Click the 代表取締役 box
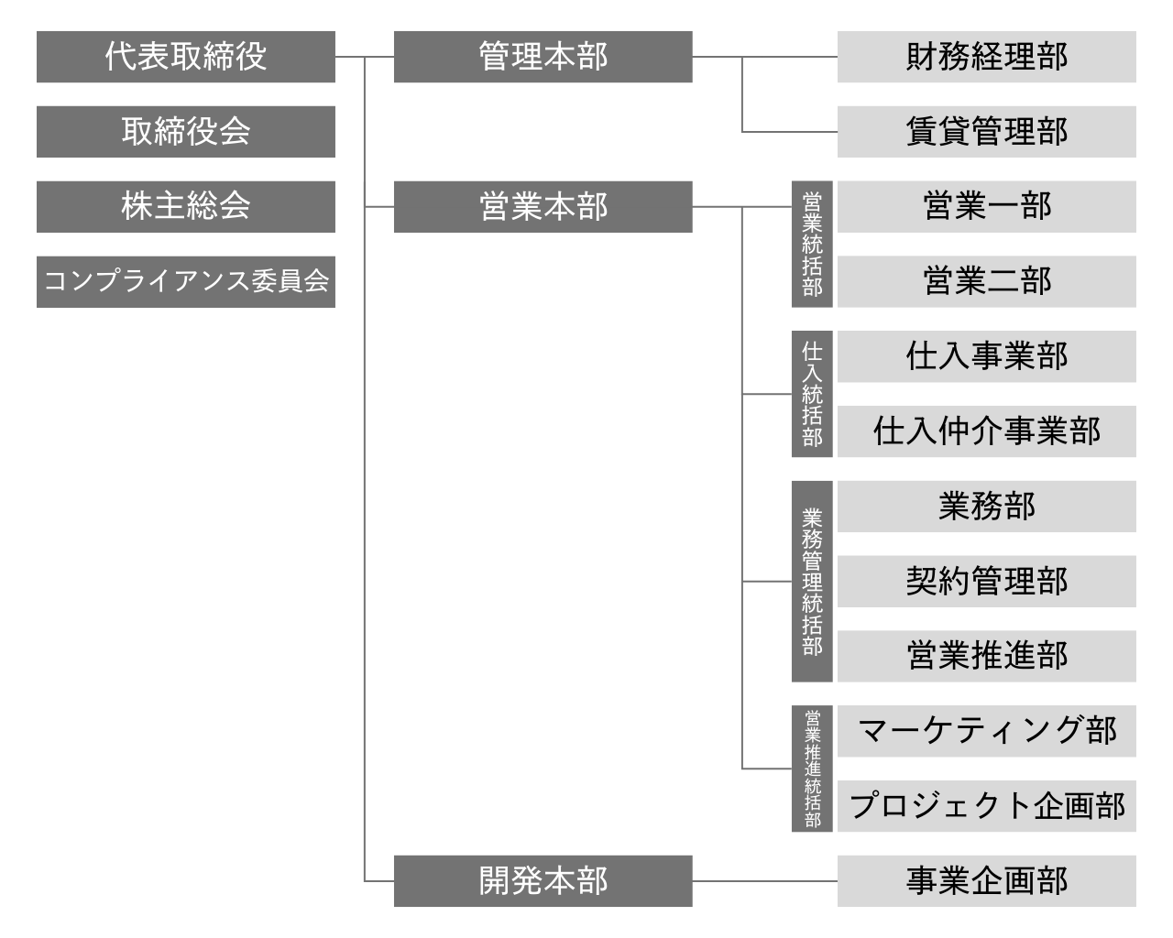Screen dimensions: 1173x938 click(x=186, y=57)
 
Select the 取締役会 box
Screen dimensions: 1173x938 click(x=186, y=132)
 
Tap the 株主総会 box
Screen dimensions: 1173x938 click(x=186, y=207)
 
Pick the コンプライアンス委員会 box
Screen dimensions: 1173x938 click(x=186, y=282)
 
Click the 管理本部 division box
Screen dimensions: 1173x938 click(x=543, y=57)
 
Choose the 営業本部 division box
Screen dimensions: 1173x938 click(x=543, y=207)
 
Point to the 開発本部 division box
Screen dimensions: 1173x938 click(x=543, y=881)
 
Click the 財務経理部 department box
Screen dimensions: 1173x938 click(x=987, y=57)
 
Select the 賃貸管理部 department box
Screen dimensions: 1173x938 click(x=987, y=132)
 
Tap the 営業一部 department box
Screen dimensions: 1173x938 click(x=987, y=207)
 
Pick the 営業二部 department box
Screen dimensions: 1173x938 click(x=987, y=282)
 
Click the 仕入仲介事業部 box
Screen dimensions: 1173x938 click(x=987, y=431)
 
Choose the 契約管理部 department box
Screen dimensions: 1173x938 click(x=987, y=582)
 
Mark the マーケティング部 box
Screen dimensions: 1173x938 click(x=987, y=731)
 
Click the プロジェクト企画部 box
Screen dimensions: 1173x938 click(x=987, y=806)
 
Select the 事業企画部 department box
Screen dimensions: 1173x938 click(x=987, y=881)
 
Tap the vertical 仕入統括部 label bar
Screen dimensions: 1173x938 click(x=812, y=394)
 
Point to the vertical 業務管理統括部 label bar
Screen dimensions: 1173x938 click(x=812, y=582)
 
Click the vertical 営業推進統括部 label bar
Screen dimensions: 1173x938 click(x=812, y=769)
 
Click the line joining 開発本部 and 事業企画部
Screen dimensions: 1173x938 click(x=764, y=881)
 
